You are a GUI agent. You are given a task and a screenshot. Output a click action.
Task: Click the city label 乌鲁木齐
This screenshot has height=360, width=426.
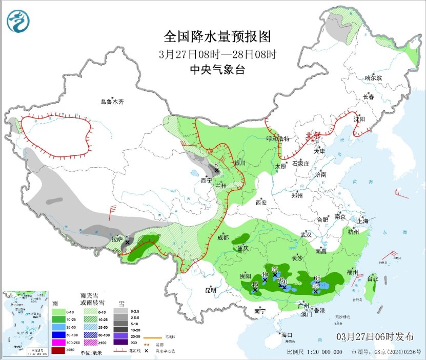(x=112, y=102)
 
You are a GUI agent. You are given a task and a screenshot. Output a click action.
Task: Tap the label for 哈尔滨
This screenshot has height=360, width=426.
(x=373, y=78)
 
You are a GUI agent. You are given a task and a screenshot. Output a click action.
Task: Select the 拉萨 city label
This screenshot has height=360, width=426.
(x=117, y=238)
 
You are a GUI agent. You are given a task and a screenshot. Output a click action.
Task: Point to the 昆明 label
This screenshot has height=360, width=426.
(x=211, y=290)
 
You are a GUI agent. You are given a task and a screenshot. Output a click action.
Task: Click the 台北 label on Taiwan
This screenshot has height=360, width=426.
(x=373, y=279)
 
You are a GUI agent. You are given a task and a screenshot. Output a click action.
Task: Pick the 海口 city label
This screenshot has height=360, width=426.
(x=286, y=335)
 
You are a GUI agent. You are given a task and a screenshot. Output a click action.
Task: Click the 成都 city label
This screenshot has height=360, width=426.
(x=223, y=238)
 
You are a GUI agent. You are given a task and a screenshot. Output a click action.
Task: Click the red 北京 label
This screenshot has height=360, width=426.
(x=312, y=135)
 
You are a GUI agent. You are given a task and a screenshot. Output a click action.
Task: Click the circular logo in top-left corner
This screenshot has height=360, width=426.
(x=18, y=21)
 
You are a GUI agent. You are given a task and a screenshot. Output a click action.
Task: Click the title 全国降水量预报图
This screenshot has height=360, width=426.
(x=217, y=37)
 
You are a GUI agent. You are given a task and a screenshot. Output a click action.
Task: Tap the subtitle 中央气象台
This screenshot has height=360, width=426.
(x=217, y=70)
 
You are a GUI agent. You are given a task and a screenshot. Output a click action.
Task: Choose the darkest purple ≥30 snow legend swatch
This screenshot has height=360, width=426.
(x=119, y=342)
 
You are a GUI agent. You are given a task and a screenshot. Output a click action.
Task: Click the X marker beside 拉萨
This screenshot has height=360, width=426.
(x=128, y=242)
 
